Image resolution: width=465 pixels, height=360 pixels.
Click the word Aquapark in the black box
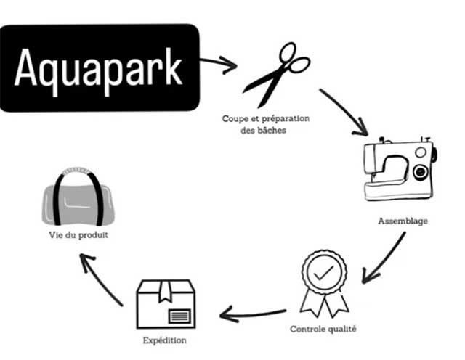(x=98, y=71)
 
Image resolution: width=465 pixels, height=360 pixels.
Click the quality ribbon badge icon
(x=324, y=284)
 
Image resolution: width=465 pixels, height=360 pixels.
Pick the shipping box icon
(x=166, y=304)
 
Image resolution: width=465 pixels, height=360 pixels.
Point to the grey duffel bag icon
(x=78, y=197)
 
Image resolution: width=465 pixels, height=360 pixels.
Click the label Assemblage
(x=403, y=221)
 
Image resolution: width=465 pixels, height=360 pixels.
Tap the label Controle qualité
(x=323, y=329)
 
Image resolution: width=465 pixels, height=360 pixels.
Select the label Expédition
(x=165, y=340)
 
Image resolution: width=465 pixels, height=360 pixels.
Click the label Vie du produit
(x=78, y=235)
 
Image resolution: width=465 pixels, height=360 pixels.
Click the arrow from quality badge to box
(x=253, y=314)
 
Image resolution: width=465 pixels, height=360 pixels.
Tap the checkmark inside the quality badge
(x=324, y=273)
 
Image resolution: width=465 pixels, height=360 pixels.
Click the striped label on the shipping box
(x=179, y=316)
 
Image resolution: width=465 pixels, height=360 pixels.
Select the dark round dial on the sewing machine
(x=421, y=171)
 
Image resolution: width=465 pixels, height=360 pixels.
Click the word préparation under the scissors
(x=286, y=119)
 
